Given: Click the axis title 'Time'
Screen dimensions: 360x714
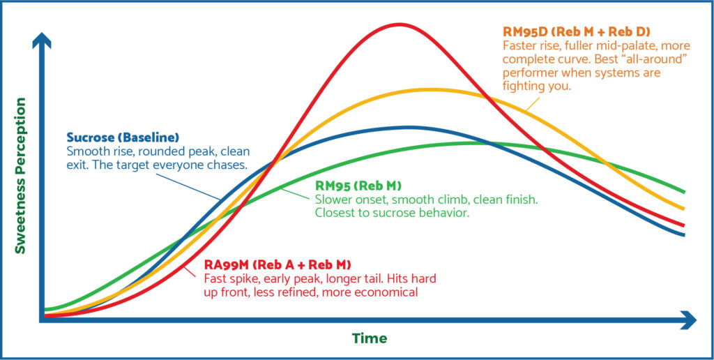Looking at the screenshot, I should pyautogui.click(x=370, y=338).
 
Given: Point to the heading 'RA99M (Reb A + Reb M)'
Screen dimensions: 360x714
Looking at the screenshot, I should pyautogui.click(x=278, y=265).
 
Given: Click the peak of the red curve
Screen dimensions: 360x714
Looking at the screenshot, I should pyautogui.click(x=400, y=24).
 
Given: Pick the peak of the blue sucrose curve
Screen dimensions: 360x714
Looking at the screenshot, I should pyautogui.click(x=410, y=127).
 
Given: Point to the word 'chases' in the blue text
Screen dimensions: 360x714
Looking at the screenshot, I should pyautogui.click(x=226, y=165).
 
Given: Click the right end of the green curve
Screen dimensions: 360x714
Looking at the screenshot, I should pyautogui.click(x=685, y=191).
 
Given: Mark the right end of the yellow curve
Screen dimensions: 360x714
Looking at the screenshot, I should pyautogui.click(x=685, y=209).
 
